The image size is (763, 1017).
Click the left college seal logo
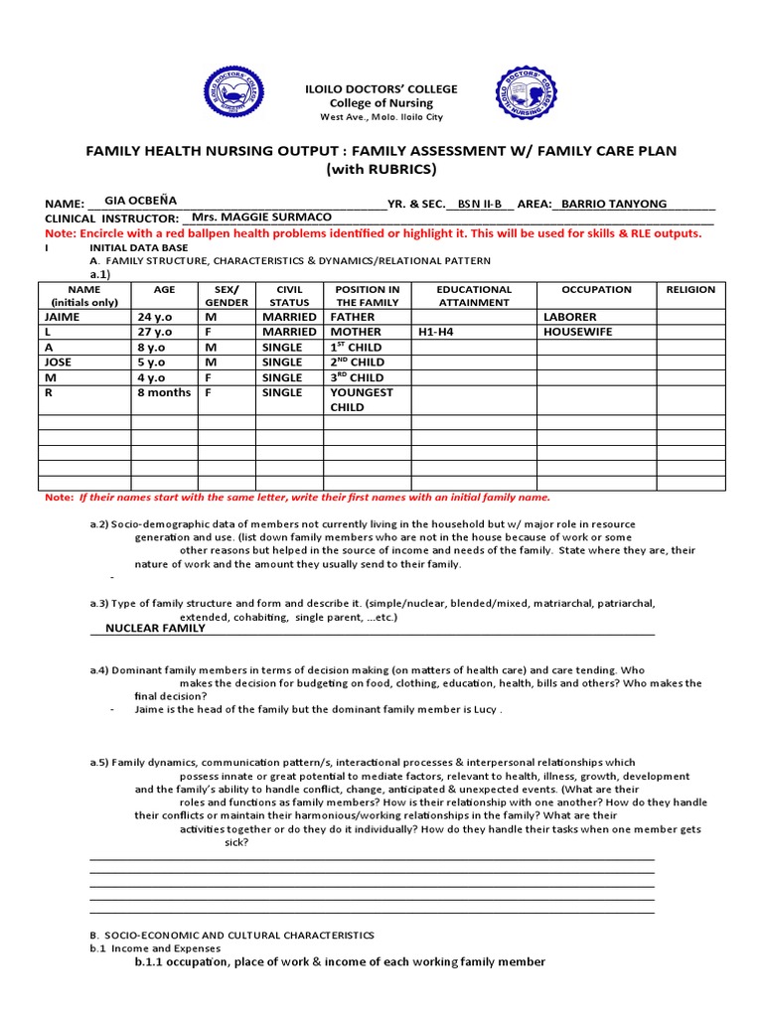point(235,94)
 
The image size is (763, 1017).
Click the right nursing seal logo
point(527,94)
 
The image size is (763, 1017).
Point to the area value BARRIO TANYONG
point(614,204)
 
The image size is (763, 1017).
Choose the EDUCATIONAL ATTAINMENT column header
point(474,296)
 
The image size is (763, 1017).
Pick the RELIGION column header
point(690,290)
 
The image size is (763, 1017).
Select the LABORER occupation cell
point(570,317)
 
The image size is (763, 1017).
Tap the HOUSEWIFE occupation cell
point(577,332)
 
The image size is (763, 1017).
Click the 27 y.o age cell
point(155,332)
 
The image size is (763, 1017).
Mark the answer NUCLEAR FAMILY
point(155,628)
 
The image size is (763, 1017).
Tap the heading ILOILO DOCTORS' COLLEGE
point(381,89)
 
